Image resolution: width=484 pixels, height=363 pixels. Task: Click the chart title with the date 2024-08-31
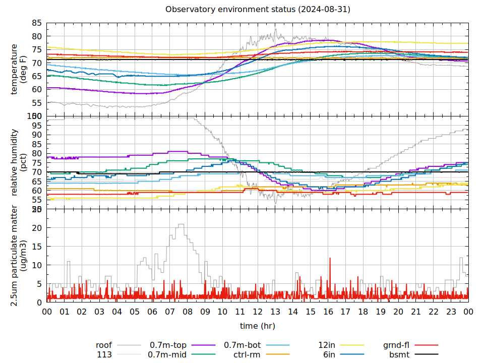tap(258, 10)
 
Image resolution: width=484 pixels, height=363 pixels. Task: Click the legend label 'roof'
tap(104, 345)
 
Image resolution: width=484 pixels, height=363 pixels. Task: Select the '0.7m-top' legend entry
tap(168, 345)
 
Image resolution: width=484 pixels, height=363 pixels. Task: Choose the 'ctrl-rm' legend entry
tap(247, 354)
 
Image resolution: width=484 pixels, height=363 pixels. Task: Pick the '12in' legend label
tap(327, 345)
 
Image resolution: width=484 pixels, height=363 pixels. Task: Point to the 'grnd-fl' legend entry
tap(396, 345)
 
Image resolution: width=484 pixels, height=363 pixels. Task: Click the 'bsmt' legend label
tap(399, 354)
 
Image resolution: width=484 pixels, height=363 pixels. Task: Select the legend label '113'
tap(104, 354)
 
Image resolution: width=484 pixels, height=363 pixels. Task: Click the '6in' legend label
tap(329, 354)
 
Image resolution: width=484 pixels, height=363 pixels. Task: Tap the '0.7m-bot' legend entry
tap(242, 345)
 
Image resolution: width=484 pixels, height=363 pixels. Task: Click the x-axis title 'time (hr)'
tap(258, 326)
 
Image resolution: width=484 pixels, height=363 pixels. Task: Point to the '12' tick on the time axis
tap(258, 312)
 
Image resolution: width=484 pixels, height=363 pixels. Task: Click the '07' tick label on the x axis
tap(170, 312)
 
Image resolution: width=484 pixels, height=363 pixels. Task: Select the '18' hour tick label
tap(363, 312)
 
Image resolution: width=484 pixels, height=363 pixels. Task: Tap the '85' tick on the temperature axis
tap(37, 23)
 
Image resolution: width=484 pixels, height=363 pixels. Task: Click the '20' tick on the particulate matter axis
tap(37, 227)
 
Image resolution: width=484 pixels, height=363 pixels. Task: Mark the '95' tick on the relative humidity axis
tap(37, 135)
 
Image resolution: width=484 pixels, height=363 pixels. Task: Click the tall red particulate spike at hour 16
tap(330, 259)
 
